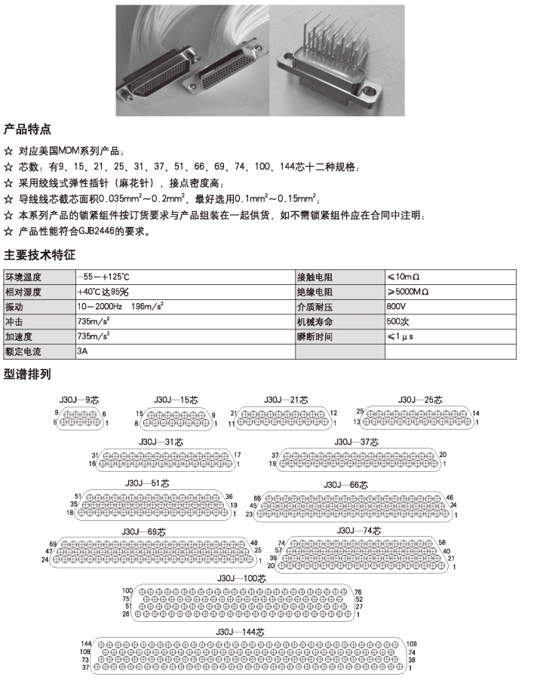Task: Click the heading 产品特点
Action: [x=28, y=129]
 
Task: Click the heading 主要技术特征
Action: [x=40, y=254]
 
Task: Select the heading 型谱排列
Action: [x=28, y=374]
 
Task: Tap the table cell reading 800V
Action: [x=397, y=308]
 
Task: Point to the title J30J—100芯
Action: [x=241, y=578]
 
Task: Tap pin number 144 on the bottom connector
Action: [x=86, y=643]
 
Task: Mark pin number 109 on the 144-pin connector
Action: [x=412, y=643]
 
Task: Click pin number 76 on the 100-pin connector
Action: [x=359, y=592]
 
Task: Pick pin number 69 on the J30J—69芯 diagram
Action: [x=54, y=544]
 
